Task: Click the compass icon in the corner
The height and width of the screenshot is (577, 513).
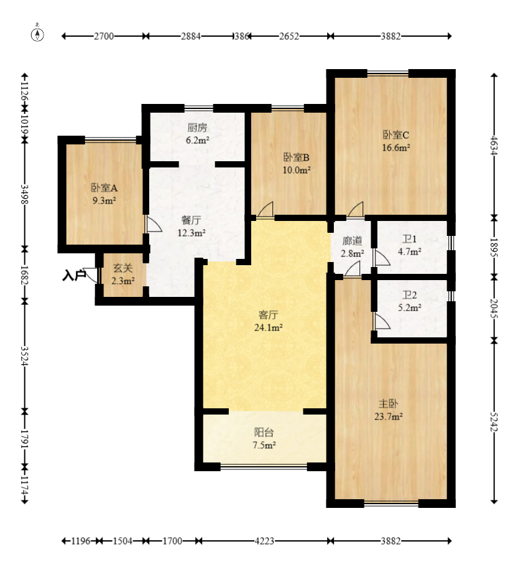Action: click(x=37, y=33)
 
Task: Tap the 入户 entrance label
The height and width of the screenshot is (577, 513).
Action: click(x=74, y=275)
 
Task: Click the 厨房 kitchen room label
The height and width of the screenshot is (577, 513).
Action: click(x=198, y=128)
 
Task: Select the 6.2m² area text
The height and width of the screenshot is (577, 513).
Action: click(x=198, y=140)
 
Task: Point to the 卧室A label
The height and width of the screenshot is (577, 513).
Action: click(x=104, y=188)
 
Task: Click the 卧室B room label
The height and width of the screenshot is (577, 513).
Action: click(x=297, y=157)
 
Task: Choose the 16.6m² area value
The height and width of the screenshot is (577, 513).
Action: click(x=396, y=148)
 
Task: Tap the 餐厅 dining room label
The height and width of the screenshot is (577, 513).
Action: click(x=192, y=220)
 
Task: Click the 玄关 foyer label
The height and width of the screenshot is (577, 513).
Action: click(x=123, y=268)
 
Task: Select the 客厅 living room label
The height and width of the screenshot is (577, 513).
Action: click(x=269, y=315)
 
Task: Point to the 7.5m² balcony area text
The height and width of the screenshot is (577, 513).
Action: click(x=264, y=445)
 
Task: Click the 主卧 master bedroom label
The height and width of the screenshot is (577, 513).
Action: click(x=389, y=404)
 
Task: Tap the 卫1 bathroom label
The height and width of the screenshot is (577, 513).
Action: click(x=409, y=240)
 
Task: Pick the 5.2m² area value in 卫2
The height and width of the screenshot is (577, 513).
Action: click(x=410, y=307)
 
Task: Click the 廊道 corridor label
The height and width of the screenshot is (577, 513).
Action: click(x=353, y=241)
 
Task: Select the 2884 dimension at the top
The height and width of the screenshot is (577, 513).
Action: click(x=191, y=36)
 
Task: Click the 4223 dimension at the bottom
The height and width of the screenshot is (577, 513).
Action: click(x=264, y=541)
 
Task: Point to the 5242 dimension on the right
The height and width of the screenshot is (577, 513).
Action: click(x=494, y=422)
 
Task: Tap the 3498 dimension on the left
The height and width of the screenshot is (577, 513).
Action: click(x=24, y=194)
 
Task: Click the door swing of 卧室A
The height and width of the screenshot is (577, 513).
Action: click(x=154, y=224)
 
